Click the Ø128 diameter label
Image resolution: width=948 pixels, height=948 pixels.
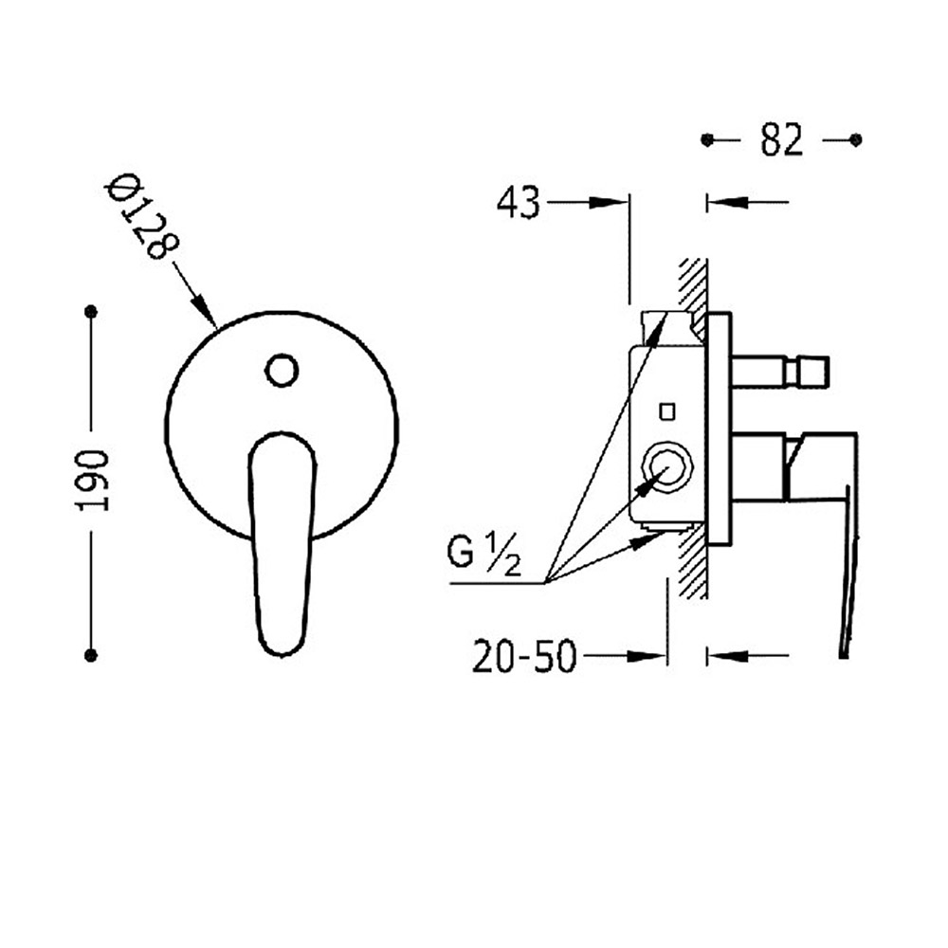point(142,216)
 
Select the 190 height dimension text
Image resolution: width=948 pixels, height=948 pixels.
point(92,480)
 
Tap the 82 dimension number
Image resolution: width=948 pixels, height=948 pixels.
point(782,140)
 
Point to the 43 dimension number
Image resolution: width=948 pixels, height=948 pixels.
point(519,203)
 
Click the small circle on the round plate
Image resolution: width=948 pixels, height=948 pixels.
point(282,370)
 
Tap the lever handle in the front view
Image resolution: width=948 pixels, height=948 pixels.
point(283,544)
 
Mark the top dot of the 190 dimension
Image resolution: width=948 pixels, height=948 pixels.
point(91,312)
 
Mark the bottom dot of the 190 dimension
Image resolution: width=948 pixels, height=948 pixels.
point(91,655)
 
